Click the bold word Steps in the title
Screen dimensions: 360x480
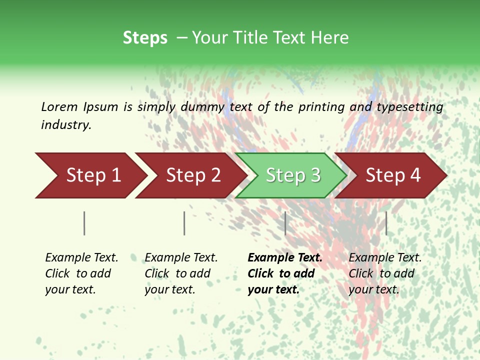click(x=145, y=38)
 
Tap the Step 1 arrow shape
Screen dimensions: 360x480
click(x=90, y=175)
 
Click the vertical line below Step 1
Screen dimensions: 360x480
click(x=84, y=223)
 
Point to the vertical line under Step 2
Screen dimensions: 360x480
click(x=184, y=223)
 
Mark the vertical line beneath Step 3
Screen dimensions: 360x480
click(x=285, y=223)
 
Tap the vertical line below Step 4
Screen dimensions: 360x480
click(x=386, y=223)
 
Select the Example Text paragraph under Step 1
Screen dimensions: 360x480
click(x=81, y=273)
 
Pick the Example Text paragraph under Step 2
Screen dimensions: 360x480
click(x=181, y=273)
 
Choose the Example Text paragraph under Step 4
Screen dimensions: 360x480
click(x=385, y=273)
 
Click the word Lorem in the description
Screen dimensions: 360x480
click(x=59, y=107)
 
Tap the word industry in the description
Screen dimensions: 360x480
click(x=66, y=125)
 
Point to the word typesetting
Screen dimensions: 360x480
click(x=409, y=107)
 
